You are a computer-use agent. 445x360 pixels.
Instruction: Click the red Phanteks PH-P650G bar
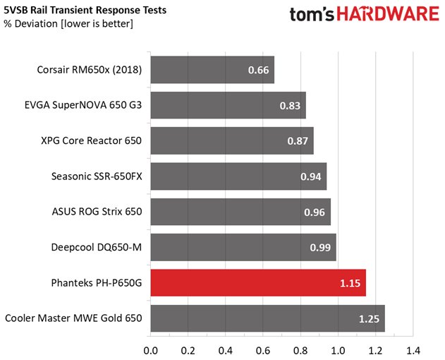point(258,283)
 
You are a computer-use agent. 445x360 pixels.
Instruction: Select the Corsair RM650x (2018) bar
point(212,70)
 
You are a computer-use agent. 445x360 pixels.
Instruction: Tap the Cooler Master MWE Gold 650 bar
point(267,318)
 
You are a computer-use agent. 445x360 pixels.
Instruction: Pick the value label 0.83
point(290,106)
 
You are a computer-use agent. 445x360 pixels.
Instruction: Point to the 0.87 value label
point(298,141)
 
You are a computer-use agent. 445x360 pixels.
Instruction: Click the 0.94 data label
point(311,176)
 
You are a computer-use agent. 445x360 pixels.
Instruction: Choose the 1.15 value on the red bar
point(350,283)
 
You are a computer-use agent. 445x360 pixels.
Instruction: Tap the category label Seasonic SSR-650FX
point(97,176)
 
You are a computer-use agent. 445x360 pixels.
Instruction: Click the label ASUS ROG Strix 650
point(97,212)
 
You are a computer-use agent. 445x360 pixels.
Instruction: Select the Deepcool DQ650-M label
point(96,247)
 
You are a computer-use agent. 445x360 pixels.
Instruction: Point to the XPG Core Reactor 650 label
point(91,140)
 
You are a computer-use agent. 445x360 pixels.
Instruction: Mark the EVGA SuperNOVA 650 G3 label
point(83,105)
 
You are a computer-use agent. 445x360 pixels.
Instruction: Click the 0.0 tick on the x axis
point(150,351)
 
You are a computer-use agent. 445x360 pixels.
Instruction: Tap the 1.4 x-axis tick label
point(413,351)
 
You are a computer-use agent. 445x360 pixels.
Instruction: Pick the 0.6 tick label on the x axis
point(263,351)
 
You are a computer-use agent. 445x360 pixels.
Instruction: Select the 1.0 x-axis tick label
point(338,351)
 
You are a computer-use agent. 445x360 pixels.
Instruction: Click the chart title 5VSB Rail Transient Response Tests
point(85,10)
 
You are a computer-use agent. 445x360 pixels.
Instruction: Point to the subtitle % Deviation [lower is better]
point(68,24)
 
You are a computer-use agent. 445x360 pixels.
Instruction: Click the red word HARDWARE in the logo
point(388,14)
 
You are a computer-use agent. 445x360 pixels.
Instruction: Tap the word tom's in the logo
point(312,14)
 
